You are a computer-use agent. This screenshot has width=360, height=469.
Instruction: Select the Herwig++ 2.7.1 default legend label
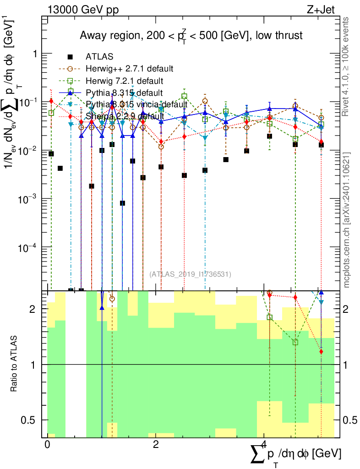(129, 69)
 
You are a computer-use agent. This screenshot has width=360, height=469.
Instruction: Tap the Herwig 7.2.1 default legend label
(124, 81)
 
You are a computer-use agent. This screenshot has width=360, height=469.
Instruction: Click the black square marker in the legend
(71, 57)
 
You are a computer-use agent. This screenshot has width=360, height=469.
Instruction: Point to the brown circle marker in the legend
(71, 69)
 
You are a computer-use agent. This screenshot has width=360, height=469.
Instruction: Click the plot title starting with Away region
(191, 35)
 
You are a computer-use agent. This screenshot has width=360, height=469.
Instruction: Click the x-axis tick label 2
(156, 445)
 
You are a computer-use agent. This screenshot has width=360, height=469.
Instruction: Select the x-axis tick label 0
(47, 445)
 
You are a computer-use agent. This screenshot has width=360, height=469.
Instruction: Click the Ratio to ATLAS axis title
(15, 364)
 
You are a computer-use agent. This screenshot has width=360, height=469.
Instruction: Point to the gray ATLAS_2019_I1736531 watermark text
(190, 274)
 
